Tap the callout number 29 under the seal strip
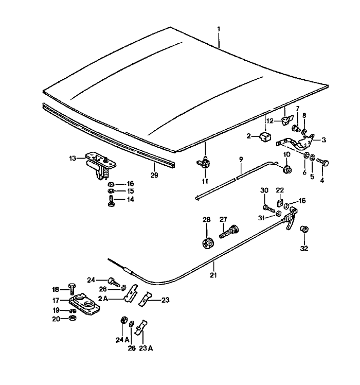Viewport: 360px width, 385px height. pos(154,176)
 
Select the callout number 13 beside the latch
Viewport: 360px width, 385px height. pos(73,158)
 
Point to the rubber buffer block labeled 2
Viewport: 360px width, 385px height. pos(265,137)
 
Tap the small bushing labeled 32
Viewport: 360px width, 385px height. pos(304,229)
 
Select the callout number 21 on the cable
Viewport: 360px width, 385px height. pos(213,275)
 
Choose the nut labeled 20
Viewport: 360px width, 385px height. pos(73,319)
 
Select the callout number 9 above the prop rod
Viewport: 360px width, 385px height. pos(240,160)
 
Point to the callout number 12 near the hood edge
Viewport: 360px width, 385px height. pos(270,121)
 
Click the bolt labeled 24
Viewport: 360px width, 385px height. pos(113,281)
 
